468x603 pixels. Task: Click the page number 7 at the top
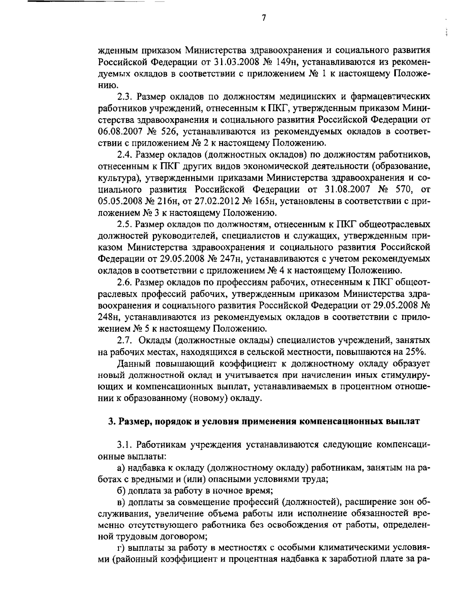(x=264, y=18)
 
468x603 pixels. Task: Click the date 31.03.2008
(x=234, y=62)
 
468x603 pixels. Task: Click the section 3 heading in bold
(x=264, y=421)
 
